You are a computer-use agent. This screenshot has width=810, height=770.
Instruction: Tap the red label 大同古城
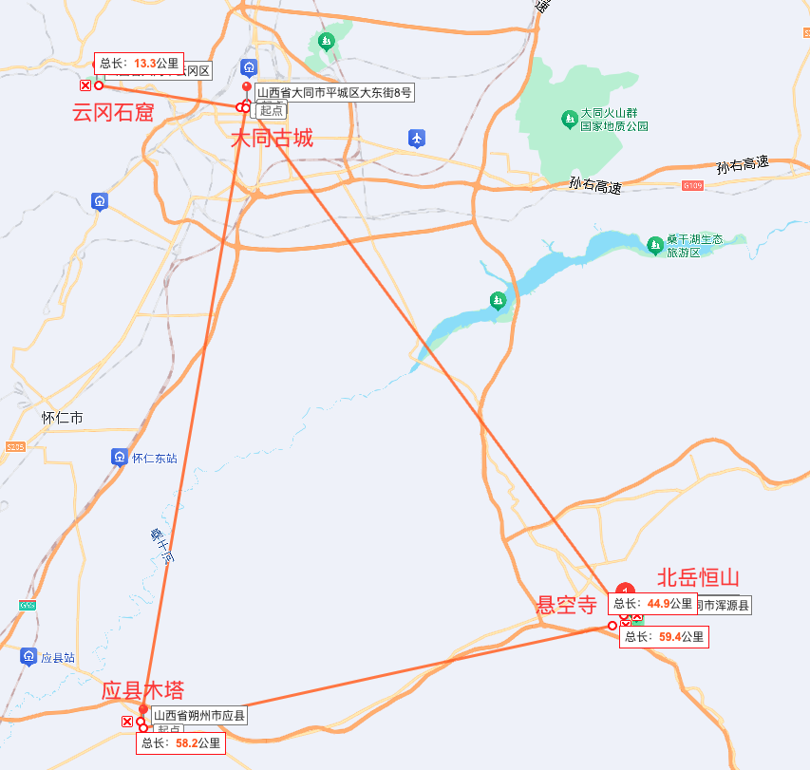[272, 139]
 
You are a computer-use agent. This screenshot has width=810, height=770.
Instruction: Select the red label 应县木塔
[142, 690]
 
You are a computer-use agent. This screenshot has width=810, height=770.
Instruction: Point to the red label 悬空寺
[567, 604]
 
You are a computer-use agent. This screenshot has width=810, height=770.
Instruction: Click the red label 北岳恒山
[698, 578]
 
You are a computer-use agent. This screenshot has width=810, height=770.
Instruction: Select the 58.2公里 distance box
[180, 742]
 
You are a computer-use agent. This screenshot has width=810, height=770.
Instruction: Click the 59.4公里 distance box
[664, 636]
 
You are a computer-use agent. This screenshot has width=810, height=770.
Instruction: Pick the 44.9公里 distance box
[652, 604]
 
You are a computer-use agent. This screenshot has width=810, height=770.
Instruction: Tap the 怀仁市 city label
[63, 418]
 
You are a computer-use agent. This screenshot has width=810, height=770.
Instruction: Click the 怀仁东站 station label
[154, 459]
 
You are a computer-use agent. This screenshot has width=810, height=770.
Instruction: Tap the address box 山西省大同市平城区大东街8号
[333, 93]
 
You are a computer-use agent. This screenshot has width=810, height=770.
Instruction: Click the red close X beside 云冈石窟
[85, 85]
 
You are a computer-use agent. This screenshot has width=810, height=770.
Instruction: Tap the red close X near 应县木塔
[127, 722]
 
